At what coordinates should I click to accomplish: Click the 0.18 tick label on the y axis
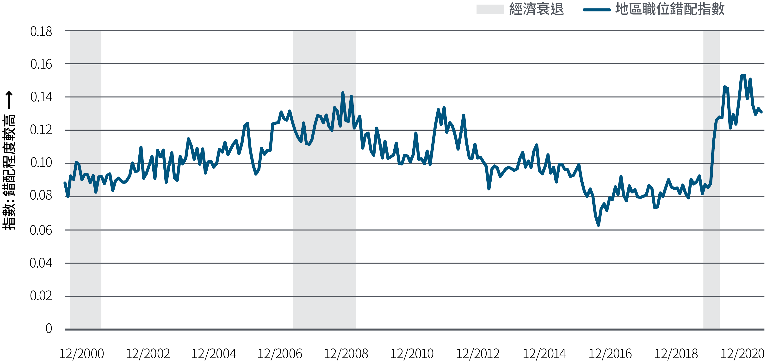pos(41,32)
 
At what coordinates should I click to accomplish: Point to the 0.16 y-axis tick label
pos(41,64)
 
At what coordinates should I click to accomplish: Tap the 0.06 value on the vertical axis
pos(41,230)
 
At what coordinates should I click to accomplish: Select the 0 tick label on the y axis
pos(49,329)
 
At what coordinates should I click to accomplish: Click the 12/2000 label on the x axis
pos(82,354)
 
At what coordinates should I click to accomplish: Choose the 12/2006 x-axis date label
pos(280,354)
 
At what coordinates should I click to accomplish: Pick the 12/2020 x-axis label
pos(742,354)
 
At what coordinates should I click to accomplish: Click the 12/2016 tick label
pos(610,354)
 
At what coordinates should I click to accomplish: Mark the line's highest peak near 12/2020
pos(744,75)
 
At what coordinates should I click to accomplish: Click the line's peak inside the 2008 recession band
pos(343,93)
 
